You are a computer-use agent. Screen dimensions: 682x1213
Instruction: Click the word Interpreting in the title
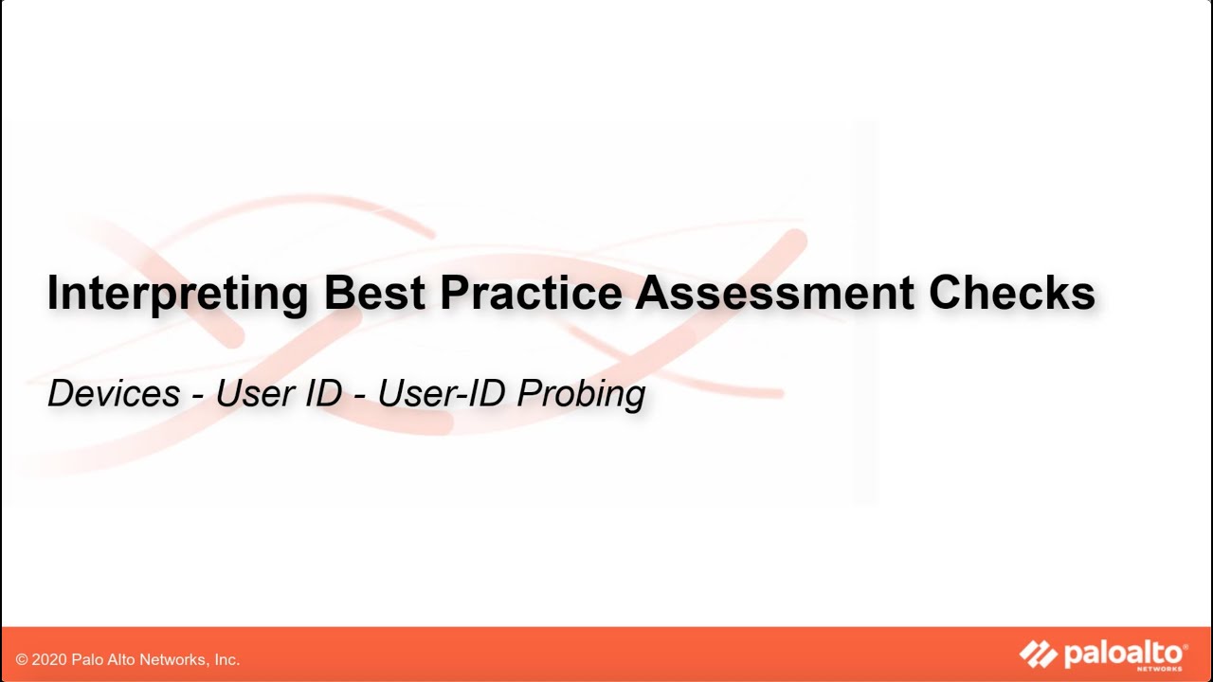click(x=177, y=294)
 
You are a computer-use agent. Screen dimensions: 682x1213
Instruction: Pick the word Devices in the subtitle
click(x=114, y=393)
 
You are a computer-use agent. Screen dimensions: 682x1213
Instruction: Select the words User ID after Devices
click(x=279, y=393)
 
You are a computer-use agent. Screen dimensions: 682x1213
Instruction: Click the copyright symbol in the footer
click(x=22, y=659)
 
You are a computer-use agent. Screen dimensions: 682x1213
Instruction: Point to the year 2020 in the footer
click(x=49, y=659)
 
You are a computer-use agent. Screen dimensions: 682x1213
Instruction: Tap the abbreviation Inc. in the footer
click(x=227, y=659)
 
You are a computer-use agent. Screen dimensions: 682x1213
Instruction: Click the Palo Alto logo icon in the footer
click(x=1038, y=655)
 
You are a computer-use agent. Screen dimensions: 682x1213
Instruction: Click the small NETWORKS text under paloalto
click(x=1165, y=669)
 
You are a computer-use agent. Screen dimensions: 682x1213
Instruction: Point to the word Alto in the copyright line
click(x=121, y=659)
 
